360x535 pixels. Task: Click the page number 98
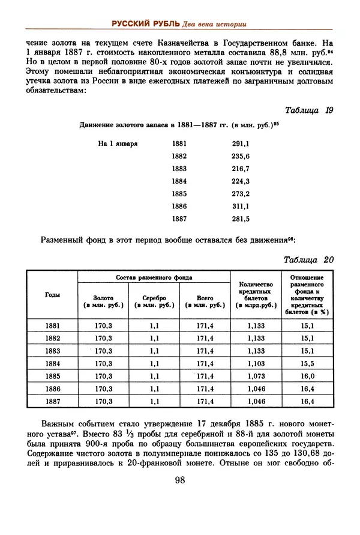pyautogui.click(x=179, y=480)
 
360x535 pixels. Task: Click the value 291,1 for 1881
pyautogui.click(x=241, y=144)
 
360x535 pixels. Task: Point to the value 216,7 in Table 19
pyautogui.click(x=241, y=169)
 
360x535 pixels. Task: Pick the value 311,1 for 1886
pyautogui.click(x=241, y=206)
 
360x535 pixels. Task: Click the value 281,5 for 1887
pyautogui.click(x=241, y=219)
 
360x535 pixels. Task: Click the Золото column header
pyautogui.click(x=104, y=301)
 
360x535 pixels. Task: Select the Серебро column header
pyautogui.click(x=154, y=301)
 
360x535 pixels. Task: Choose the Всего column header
pyautogui.click(x=205, y=301)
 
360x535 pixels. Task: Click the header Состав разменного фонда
pyautogui.click(x=154, y=277)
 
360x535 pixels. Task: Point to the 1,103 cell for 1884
pyautogui.click(x=256, y=363)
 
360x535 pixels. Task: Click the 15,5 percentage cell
pyautogui.click(x=307, y=363)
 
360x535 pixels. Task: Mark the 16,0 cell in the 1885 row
pyautogui.click(x=307, y=376)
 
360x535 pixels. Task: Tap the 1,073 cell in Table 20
pyautogui.click(x=256, y=376)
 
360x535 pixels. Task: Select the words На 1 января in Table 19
pyautogui.click(x=118, y=144)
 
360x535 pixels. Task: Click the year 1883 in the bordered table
pyautogui.click(x=52, y=351)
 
